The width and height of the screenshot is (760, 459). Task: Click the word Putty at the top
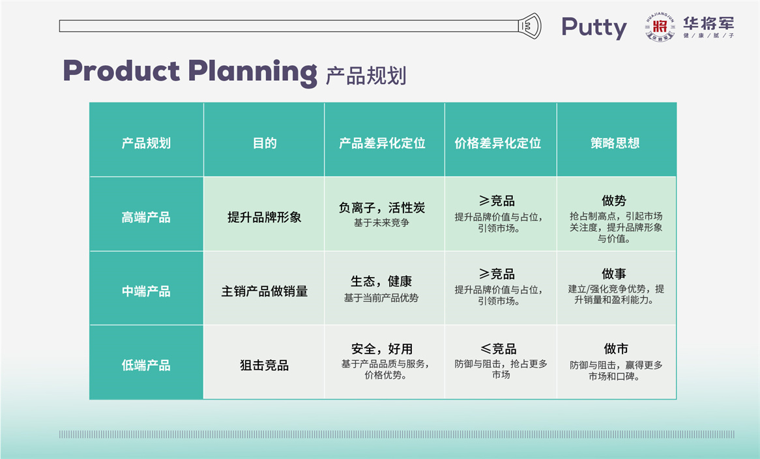click(x=594, y=27)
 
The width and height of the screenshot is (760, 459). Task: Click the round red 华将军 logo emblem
click(x=660, y=27)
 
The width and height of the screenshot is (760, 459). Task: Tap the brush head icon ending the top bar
click(x=529, y=25)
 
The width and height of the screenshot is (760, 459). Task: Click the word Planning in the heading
click(x=252, y=73)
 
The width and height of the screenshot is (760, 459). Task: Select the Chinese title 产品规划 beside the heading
click(x=366, y=76)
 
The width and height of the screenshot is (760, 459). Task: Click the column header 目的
click(x=265, y=143)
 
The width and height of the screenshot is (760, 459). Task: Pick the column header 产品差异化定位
click(x=382, y=143)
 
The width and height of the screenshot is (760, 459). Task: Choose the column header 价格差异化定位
click(x=498, y=143)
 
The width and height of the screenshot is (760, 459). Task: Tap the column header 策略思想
click(x=615, y=143)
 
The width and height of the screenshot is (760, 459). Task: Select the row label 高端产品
click(x=146, y=217)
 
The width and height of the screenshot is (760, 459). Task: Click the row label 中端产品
click(x=146, y=291)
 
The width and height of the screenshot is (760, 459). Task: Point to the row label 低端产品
click(x=146, y=365)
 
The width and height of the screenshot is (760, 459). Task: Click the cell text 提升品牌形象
click(x=265, y=217)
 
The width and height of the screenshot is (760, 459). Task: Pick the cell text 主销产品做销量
click(x=265, y=291)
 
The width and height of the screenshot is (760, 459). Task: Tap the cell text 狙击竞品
click(x=265, y=365)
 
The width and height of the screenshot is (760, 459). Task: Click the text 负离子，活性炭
click(x=382, y=208)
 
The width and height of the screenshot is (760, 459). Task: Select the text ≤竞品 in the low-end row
click(x=498, y=349)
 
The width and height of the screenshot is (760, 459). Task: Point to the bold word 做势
click(x=614, y=201)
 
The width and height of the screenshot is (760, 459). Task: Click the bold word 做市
click(x=616, y=349)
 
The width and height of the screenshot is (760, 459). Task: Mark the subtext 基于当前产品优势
click(x=381, y=297)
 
